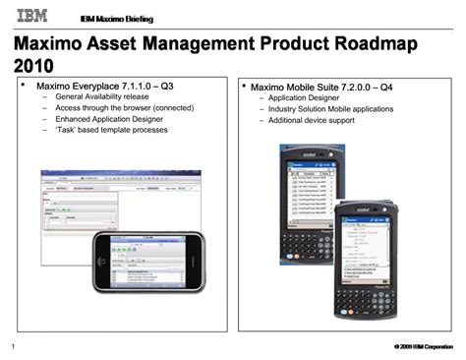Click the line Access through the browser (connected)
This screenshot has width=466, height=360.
(124, 114)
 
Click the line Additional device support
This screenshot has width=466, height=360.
(312, 120)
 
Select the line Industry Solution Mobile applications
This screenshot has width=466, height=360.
(331, 107)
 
